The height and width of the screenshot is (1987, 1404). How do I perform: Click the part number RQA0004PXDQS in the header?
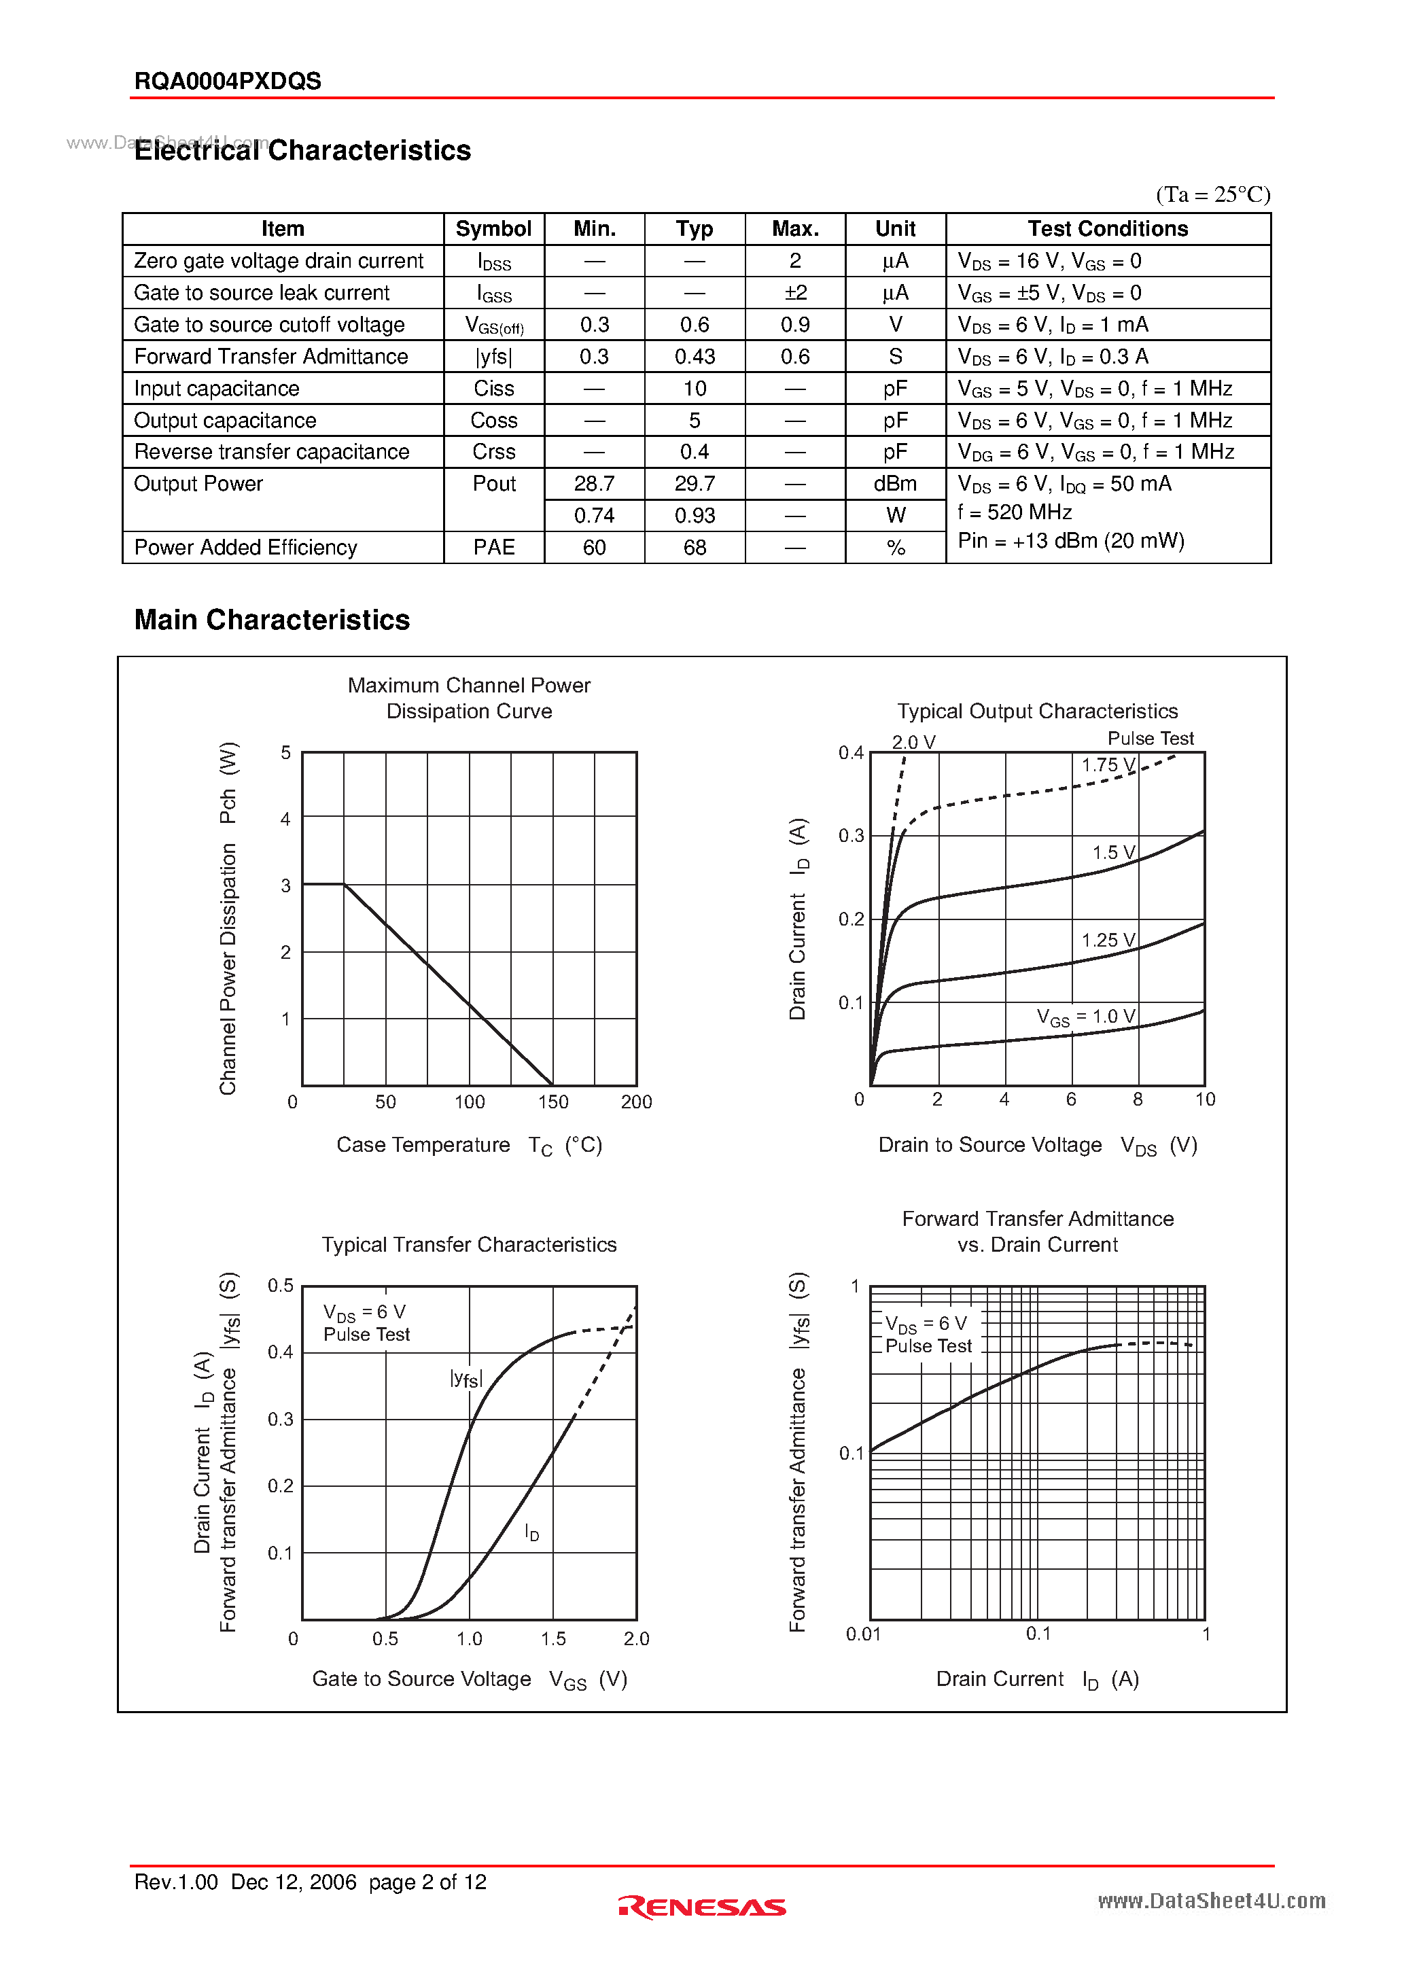click(228, 82)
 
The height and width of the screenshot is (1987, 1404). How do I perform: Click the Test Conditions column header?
click(1107, 229)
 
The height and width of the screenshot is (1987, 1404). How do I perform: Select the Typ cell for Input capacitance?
click(695, 389)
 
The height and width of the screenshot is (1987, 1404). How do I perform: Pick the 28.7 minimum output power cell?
click(594, 484)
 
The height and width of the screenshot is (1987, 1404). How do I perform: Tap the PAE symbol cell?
click(493, 548)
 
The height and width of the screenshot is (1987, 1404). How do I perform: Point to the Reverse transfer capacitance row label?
click(271, 452)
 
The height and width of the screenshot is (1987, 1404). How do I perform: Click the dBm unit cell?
click(895, 484)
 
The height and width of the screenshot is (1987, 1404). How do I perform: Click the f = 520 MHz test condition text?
click(1015, 512)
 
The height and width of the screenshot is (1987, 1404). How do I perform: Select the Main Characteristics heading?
click(272, 620)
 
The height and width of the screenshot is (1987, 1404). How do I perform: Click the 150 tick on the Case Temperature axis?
click(553, 1102)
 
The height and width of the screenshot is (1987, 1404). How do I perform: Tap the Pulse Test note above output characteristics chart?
click(1150, 738)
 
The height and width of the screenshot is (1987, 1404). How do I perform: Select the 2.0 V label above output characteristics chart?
click(913, 743)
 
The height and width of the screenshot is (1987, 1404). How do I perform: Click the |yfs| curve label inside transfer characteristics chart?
click(466, 1379)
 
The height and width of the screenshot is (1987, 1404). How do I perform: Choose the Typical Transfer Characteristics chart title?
click(469, 1244)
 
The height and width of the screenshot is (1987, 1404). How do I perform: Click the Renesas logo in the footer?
click(702, 1907)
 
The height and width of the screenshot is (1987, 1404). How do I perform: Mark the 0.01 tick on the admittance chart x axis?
click(863, 1634)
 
